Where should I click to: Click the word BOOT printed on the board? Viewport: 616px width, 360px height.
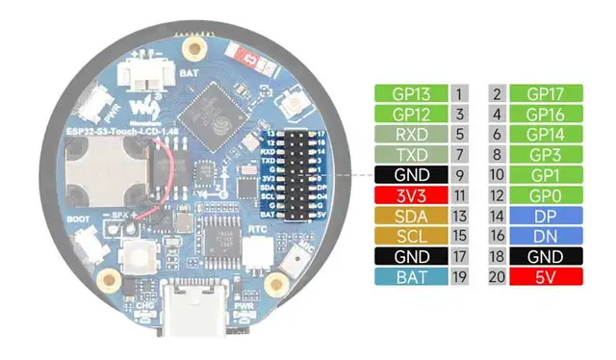79,219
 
